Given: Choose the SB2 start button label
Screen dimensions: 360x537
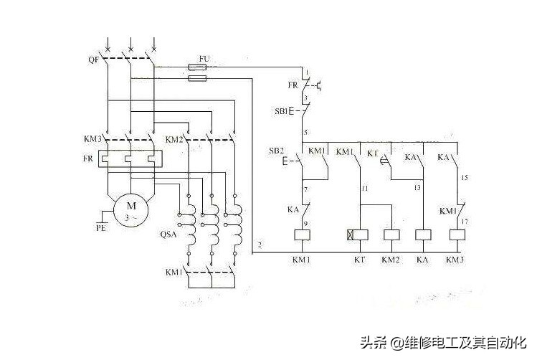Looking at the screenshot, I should pos(276,151).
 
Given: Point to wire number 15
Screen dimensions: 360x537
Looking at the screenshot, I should pos(465,176).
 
